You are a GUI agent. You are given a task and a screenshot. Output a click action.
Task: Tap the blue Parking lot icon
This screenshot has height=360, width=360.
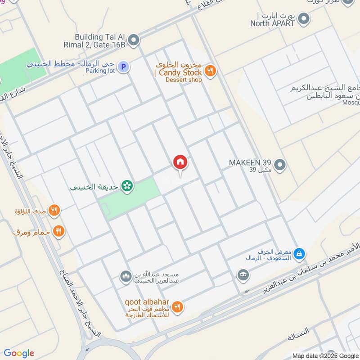pos(124,67)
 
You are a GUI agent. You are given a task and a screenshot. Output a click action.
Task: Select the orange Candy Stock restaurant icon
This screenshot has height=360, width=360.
pos(210,70)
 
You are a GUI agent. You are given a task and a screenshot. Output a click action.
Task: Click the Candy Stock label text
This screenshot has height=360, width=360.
pos(178,72)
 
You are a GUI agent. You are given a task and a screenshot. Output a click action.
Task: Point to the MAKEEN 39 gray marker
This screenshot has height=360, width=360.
pos(280,165)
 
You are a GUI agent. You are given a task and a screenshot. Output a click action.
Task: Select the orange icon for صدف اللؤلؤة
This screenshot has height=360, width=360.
pos(54,210)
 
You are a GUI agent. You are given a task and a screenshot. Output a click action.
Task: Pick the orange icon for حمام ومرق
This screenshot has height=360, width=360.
pos(58,232)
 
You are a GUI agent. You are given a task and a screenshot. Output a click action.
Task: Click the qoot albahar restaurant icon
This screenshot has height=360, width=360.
pos(178,306)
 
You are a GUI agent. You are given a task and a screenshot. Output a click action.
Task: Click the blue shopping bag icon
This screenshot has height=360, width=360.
pos(299,255)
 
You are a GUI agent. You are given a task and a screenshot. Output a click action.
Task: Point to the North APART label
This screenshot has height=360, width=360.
pos(273,23)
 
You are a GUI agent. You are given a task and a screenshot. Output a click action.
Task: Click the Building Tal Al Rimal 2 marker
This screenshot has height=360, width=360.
pos(133,41)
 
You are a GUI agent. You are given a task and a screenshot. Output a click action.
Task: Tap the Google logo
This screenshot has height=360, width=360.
pos(19,353)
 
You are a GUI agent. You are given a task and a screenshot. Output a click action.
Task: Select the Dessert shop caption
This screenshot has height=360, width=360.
pos(184,80)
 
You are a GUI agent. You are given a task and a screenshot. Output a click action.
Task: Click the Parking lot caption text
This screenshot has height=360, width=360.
pos(101,71)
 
